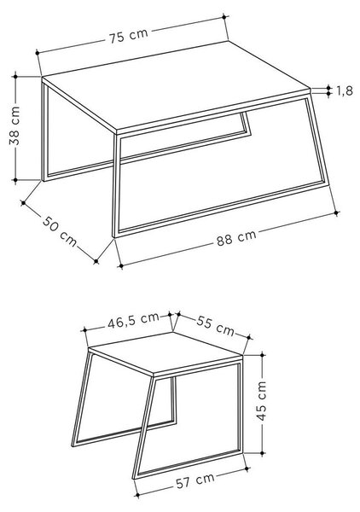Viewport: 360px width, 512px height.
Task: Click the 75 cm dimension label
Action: (129, 35)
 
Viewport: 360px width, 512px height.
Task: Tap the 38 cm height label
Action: (15, 125)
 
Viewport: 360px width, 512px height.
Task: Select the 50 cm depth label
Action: (60, 231)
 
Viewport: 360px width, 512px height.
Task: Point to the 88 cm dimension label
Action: (236, 238)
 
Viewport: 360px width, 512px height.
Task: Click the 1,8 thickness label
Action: (345, 90)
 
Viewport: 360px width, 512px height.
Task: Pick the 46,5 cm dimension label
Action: (133, 321)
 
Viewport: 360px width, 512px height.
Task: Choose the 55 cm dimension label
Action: (216, 326)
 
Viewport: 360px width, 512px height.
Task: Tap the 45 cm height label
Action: (261, 401)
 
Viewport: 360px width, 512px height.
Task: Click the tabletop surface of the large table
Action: (176, 86)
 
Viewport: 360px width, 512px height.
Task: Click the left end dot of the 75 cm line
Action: (38, 52)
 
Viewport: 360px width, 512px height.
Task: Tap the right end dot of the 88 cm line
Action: (337, 212)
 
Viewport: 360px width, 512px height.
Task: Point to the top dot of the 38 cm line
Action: (15, 77)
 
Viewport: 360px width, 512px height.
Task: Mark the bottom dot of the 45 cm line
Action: (263, 453)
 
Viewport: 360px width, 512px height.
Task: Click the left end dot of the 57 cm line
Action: (137, 495)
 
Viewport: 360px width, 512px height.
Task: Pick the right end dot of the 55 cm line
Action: (249, 337)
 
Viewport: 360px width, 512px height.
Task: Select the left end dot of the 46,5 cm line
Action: (84, 330)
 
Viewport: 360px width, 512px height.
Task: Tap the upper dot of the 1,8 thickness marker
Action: (328, 88)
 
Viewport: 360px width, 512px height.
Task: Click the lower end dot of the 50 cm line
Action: (96, 261)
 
